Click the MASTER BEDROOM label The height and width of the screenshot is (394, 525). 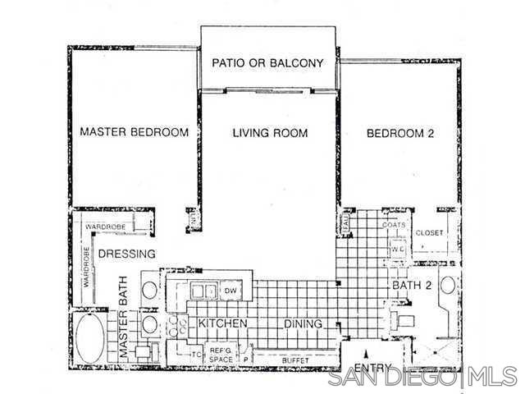tap(134, 131)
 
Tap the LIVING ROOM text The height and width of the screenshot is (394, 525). tap(270, 132)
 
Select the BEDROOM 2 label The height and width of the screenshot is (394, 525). tap(399, 132)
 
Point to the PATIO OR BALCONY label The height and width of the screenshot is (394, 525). tap(268, 62)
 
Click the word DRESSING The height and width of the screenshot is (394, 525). tap(126, 254)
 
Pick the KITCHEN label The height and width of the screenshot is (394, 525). tap(222, 324)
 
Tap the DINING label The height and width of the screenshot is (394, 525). tap(304, 324)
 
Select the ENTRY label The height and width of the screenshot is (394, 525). tap(371, 367)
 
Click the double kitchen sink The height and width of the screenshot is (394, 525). tap(203, 291)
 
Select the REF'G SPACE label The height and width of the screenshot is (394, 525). tap(221, 355)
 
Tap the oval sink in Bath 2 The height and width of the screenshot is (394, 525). tap(448, 286)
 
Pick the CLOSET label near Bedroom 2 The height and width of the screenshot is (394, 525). tap(429, 232)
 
